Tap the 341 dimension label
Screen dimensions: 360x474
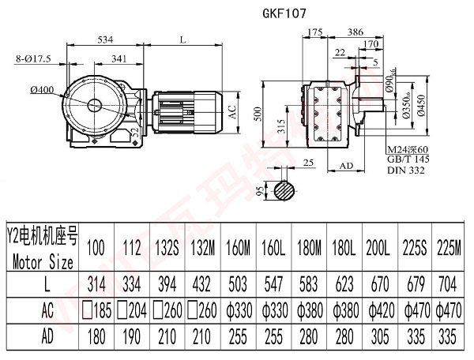pos(121,58)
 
